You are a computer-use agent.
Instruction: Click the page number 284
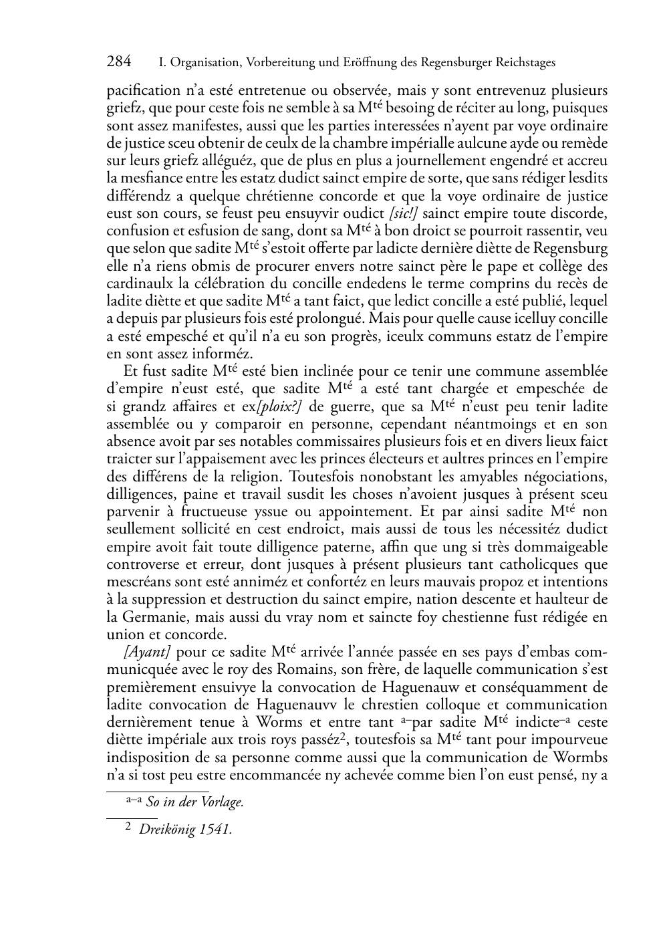118,62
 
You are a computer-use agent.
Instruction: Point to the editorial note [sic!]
403,213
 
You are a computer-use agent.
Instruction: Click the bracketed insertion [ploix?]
279,406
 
